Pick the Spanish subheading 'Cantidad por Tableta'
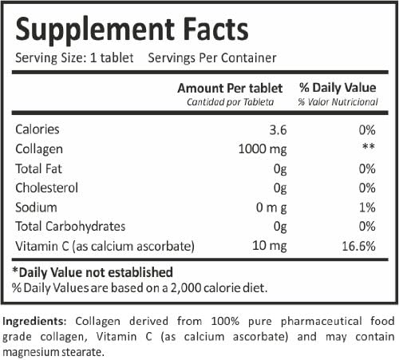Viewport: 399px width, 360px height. tap(230, 101)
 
